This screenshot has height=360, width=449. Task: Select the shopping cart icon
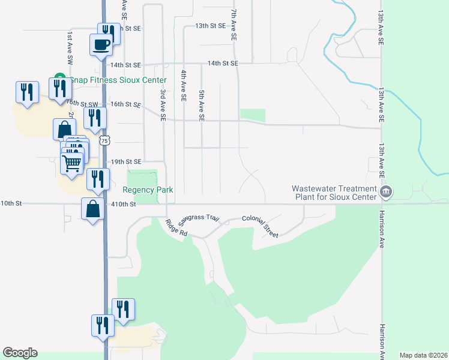72,162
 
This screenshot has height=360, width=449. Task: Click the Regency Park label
148,190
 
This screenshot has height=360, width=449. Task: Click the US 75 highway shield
105,140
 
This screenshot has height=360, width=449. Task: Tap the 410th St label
124,204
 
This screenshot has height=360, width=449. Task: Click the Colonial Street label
261,227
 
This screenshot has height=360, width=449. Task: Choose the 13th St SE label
210,26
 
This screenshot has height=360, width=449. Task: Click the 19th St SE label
125,162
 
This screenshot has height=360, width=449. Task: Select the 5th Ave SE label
202,106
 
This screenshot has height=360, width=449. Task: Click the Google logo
20,353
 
